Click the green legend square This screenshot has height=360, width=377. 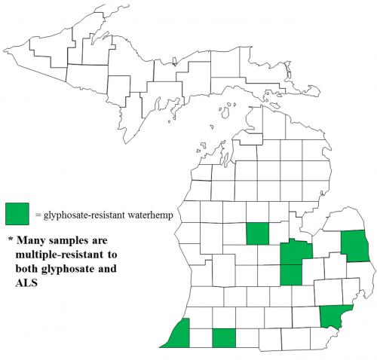pyautogui.click(x=17, y=214)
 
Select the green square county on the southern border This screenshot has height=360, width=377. pyautogui.click(x=224, y=338)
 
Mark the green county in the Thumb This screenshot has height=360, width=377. pyautogui.click(x=354, y=246)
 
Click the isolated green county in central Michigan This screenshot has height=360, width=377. pyautogui.click(x=257, y=233)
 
